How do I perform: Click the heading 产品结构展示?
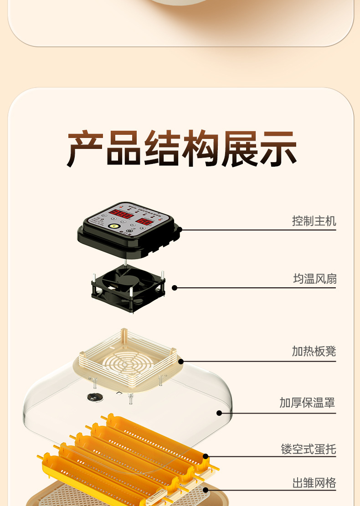tap(182, 149)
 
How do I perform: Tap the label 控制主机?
tap(314, 221)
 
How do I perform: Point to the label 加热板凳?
tap(314, 352)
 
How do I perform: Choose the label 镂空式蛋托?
tap(309, 449)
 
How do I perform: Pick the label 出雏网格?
tap(314, 483)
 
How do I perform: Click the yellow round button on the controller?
tap(113, 226)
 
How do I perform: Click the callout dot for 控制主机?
tap(180, 230)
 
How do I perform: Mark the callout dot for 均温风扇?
tap(175, 288)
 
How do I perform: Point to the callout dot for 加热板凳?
tap(181, 362)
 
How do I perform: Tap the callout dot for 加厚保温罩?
tap(219, 413)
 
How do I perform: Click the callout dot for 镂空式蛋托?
tap(206, 456)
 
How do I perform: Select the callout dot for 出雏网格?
tap(206, 490)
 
